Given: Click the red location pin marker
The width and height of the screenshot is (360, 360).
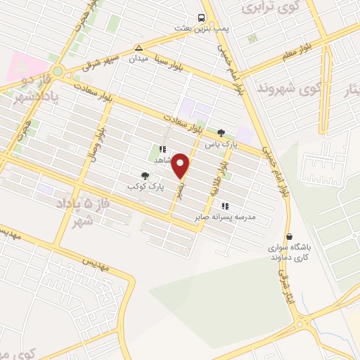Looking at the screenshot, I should [x=181, y=166].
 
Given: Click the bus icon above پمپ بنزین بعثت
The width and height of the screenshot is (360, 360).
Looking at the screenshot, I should [x=202, y=18].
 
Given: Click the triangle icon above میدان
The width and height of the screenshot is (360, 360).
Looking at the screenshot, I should [x=139, y=49].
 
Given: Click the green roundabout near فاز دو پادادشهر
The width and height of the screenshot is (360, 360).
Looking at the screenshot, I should [x=58, y=70].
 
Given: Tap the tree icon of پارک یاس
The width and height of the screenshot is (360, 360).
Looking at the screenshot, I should [x=221, y=131].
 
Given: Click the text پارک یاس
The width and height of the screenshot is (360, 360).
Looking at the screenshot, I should [x=218, y=144].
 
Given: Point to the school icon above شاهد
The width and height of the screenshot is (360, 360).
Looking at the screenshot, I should [x=162, y=149].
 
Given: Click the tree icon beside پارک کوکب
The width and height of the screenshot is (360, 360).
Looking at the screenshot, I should [x=145, y=176].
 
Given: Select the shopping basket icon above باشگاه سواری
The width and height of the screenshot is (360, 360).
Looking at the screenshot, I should [x=288, y=237].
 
